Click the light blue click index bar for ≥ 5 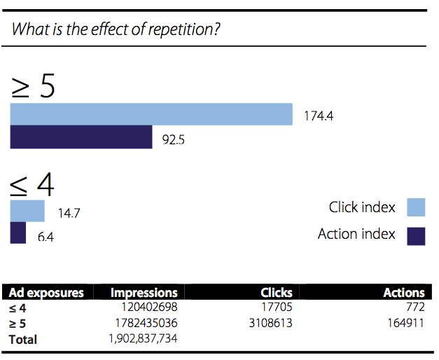coord(151,114)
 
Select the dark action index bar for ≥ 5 coord(81,137)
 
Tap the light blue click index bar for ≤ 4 coord(27,211)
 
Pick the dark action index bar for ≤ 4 coord(18,233)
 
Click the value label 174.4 coord(319,116)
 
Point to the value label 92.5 coord(174,139)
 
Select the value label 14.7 coord(69,213)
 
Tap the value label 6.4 coord(46,237)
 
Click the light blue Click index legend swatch coord(416,207)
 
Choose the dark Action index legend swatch coord(416,236)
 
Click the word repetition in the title coord(184,29)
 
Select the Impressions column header coord(144,293)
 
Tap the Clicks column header coord(277,293)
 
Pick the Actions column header coord(404,293)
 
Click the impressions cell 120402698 coord(149,307)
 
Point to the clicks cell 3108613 coord(270,323)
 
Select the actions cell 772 coord(415,307)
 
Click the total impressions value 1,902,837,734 coord(143,339)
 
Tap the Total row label coord(22,340)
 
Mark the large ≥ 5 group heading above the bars coord(33,85)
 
